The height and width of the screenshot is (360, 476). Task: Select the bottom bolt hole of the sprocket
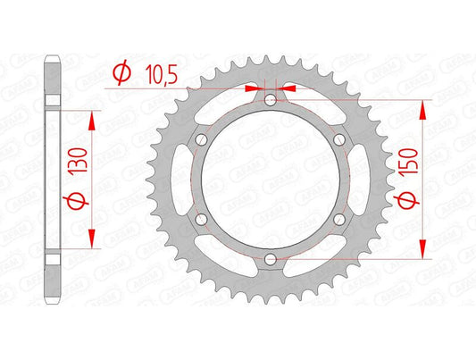click(270, 259)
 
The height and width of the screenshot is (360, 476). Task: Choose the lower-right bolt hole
click(337, 220)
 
